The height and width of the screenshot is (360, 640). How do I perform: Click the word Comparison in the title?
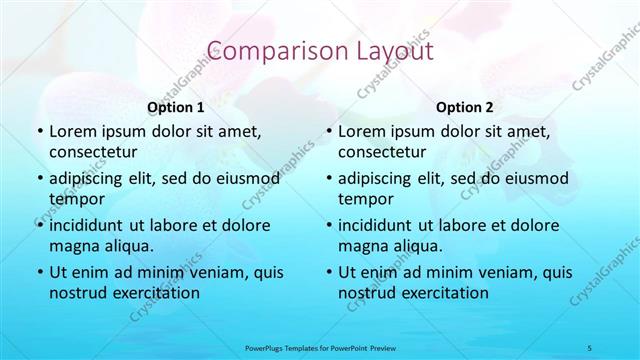point(262,51)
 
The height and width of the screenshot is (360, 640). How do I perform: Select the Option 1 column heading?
point(175,106)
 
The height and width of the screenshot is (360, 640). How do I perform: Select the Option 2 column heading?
point(464,106)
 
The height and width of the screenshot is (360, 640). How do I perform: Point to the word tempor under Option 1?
point(77,199)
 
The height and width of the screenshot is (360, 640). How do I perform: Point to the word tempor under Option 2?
point(366,199)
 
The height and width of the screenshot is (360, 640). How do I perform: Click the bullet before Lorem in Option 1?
point(38,131)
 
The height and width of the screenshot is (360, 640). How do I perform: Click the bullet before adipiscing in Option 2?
point(327,178)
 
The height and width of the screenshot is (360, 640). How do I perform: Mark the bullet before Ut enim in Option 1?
point(38,272)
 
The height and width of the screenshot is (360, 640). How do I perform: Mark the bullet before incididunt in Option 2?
point(327,225)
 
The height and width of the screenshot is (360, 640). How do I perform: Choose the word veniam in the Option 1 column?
point(212,272)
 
